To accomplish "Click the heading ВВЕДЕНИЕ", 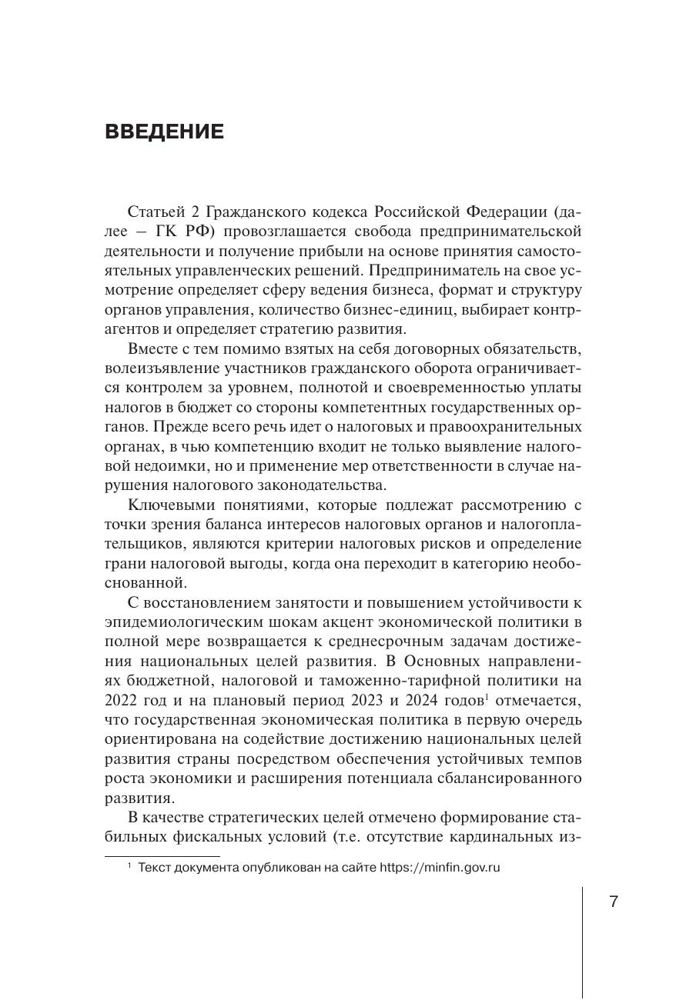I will pos(164,132).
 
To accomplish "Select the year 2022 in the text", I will pos(121,701).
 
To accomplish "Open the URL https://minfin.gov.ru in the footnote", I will pos(440,868).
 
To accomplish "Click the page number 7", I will pos(613,902).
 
